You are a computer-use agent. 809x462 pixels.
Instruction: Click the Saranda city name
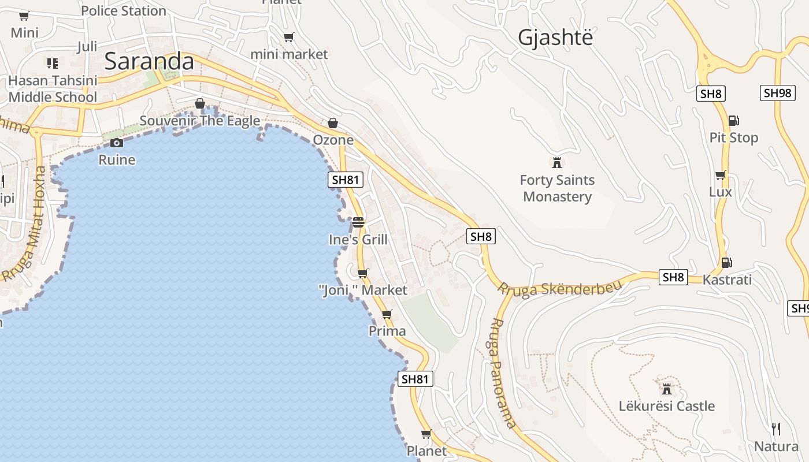tap(149, 61)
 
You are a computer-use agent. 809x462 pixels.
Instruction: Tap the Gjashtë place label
tap(555, 38)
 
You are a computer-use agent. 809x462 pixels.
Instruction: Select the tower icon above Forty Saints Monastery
tap(557, 162)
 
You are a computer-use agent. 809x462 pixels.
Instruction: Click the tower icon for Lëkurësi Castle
tap(667, 388)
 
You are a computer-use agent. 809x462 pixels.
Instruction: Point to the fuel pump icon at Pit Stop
tap(733, 121)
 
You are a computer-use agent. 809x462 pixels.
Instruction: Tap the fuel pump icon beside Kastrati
tap(726, 263)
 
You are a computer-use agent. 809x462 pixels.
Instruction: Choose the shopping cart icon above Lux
tap(720, 175)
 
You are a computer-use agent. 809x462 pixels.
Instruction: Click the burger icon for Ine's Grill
tap(358, 222)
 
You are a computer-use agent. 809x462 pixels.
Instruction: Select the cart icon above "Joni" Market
tap(362, 273)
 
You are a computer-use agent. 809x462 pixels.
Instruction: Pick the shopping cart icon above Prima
tap(387, 314)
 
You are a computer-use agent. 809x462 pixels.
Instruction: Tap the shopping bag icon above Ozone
tap(333, 123)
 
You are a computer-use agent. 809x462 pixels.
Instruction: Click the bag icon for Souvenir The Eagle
tap(200, 103)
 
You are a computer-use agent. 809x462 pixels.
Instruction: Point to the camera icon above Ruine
tap(117, 143)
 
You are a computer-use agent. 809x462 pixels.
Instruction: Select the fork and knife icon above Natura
tap(776, 429)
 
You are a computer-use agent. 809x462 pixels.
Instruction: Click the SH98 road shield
tap(777, 93)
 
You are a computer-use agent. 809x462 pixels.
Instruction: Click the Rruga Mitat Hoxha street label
tap(25, 224)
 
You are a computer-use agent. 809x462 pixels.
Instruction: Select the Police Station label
tap(124, 10)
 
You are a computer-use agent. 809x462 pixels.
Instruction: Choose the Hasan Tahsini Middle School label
tap(53, 89)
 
